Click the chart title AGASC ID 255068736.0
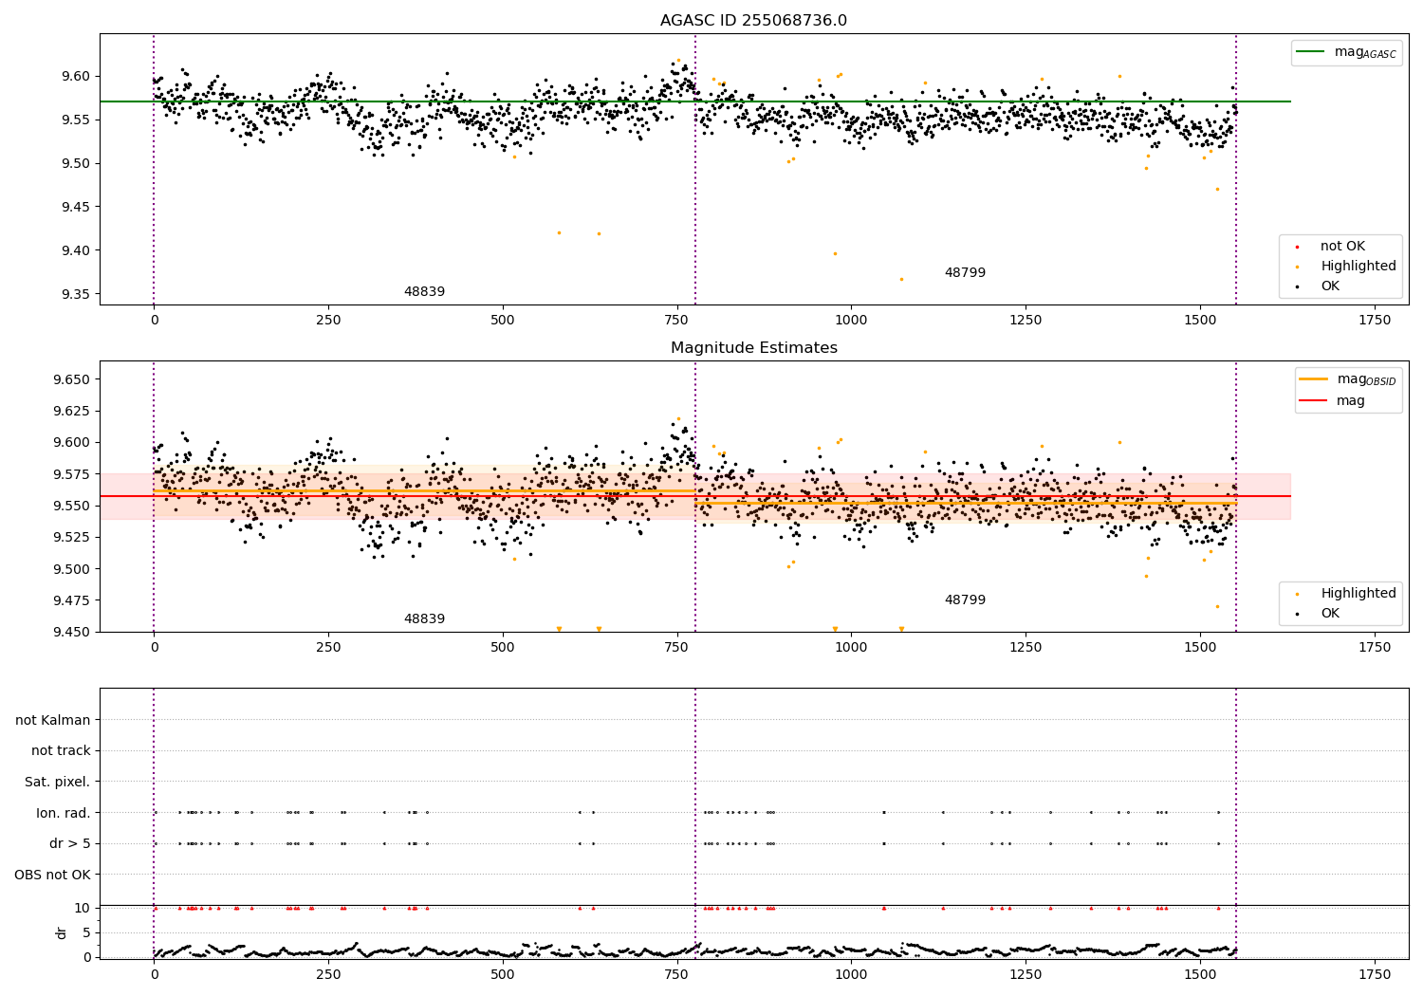point(753,21)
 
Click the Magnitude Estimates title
point(753,348)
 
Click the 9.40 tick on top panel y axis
point(74,250)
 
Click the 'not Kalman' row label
point(53,720)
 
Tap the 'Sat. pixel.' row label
point(57,782)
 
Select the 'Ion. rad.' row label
point(64,813)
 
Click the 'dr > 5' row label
point(69,843)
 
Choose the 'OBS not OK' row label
point(52,875)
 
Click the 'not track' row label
point(61,750)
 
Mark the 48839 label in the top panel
point(424,292)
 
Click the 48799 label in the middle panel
point(965,600)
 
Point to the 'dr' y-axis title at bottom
point(62,932)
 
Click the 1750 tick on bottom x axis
point(1375,974)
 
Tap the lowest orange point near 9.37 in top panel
point(901,279)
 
